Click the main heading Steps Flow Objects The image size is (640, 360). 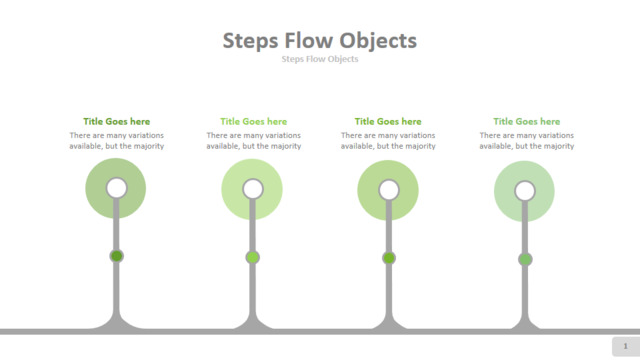(x=320, y=41)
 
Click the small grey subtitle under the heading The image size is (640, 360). (x=320, y=59)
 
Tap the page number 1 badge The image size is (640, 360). (x=625, y=346)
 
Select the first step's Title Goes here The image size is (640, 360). (x=117, y=121)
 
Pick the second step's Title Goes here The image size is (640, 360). (x=253, y=121)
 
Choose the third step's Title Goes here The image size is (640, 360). (x=388, y=121)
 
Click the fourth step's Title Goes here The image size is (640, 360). (x=527, y=121)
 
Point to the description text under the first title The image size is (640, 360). (x=117, y=140)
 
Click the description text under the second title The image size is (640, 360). (x=253, y=140)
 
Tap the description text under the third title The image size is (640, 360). (x=388, y=140)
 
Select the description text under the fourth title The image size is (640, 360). (x=527, y=140)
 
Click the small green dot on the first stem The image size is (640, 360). (x=117, y=256)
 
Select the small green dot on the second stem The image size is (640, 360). (x=253, y=257)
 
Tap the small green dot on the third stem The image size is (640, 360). (x=389, y=258)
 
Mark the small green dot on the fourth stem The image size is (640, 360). (x=525, y=259)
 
